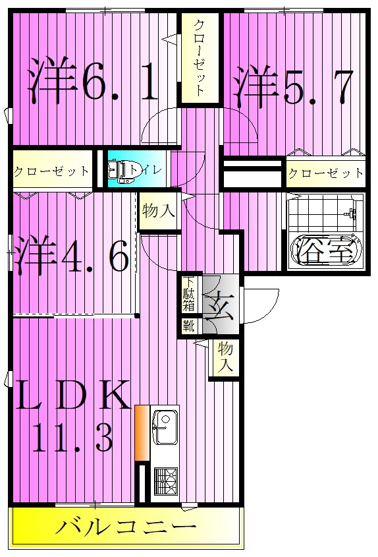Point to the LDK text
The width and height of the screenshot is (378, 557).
(x=71, y=397)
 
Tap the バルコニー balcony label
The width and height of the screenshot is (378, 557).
(x=125, y=527)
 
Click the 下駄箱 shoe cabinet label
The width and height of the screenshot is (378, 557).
(x=189, y=295)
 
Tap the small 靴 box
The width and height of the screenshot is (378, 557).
(x=189, y=325)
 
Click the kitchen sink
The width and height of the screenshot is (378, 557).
(x=165, y=427)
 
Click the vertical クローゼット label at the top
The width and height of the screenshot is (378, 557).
(x=200, y=58)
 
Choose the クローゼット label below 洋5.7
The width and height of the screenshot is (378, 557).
(x=325, y=173)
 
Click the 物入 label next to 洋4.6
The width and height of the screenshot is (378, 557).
(x=158, y=212)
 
